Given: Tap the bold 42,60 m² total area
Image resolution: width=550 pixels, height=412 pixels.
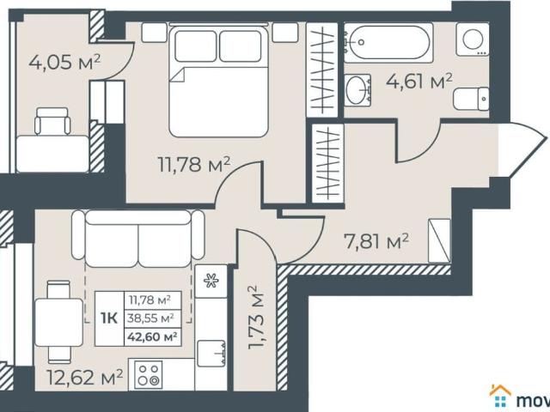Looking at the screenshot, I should [151, 336].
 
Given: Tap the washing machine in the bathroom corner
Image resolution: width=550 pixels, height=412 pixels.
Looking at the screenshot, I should [472, 40].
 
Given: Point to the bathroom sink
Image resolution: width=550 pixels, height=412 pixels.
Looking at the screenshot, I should [357, 90].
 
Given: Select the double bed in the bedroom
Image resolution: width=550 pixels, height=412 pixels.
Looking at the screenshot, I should [218, 80].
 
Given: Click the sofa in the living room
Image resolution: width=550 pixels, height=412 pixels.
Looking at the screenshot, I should [137, 239].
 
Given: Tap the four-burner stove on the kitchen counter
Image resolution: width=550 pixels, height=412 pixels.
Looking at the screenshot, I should [148, 375].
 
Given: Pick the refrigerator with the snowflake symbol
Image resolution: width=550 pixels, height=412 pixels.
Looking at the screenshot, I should [210, 282].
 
